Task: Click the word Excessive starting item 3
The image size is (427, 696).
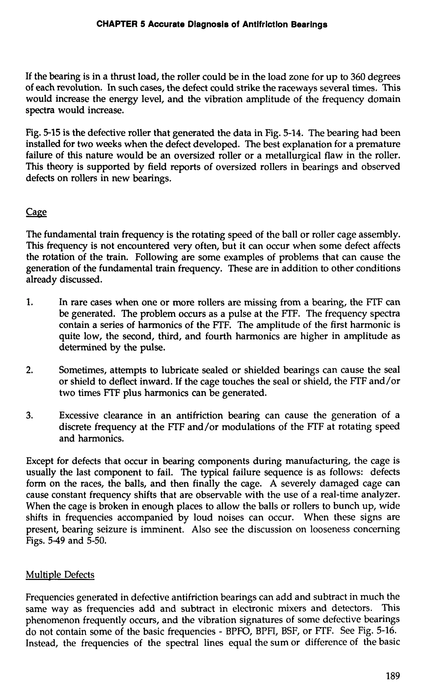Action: click(x=78, y=416)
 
